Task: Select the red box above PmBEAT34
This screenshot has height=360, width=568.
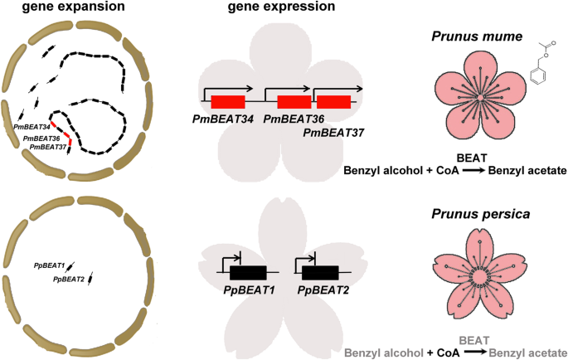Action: [228, 102]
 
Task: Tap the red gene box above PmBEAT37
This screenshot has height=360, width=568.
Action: [333, 102]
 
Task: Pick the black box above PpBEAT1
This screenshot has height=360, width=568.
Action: [248, 272]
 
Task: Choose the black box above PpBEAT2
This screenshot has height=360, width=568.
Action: [320, 272]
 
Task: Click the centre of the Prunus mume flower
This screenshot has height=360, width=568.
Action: [480, 99]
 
